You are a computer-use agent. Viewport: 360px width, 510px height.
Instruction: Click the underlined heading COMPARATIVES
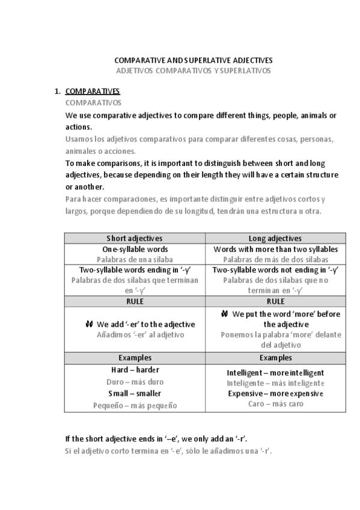point(93,91)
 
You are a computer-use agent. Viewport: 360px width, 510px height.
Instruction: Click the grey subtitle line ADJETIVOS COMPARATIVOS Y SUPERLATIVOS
point(193,70)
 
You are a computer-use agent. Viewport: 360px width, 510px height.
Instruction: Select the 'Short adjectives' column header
point(134,238)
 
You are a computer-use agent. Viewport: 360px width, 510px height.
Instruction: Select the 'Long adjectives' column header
point(275,238)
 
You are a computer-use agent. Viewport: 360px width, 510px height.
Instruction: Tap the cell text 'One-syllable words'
point(135,249)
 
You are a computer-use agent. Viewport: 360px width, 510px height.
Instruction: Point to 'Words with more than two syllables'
point(275,249)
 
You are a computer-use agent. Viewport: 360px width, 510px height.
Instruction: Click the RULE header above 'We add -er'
point(134,301)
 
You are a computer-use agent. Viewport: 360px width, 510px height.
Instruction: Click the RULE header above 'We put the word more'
point(275,301)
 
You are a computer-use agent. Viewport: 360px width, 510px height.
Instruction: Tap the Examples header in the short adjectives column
point(134,358)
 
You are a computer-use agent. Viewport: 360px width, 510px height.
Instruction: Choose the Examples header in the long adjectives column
point(275,358)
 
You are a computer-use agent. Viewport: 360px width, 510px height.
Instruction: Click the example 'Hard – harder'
point(135,370)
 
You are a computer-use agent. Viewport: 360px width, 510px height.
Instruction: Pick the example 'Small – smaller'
point(135,393)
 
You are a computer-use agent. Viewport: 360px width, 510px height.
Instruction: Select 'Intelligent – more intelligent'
point(275,373)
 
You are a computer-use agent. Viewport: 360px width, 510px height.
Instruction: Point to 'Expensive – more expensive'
point(275,393)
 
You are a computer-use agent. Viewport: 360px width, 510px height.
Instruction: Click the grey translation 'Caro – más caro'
point(275,404)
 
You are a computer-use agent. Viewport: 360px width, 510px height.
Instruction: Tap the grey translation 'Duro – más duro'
point(135,381)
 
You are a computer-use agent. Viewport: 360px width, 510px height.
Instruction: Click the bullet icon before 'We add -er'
point(89,324)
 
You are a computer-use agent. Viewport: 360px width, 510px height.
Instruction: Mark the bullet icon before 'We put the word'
point(224,314)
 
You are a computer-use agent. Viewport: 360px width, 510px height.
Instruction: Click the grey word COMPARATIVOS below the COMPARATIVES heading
point(90,103)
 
